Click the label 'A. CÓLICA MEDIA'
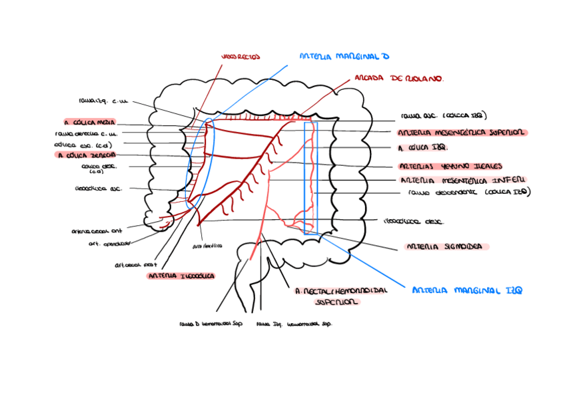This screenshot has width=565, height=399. click(90, 123)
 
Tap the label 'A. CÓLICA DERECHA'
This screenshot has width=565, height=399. click(87, 155)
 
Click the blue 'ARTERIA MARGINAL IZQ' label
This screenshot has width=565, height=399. click(467, 290)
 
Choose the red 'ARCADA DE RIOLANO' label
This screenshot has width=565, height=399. click(398, 79)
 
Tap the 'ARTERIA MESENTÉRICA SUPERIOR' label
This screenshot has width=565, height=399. click(462, 133)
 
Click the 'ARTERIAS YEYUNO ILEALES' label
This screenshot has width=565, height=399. click(450, 166)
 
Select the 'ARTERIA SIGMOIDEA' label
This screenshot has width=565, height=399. click(444, 246)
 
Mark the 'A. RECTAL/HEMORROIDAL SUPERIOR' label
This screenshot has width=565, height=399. click(340, 296)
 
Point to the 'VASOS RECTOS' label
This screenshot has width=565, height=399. click(241, 57)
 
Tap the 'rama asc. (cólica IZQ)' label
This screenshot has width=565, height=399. click(444, 115)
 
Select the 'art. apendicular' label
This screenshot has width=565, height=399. click(109, 243)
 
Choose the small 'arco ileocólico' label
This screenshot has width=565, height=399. click(207, 245)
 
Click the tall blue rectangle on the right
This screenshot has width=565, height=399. click(311, 178)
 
